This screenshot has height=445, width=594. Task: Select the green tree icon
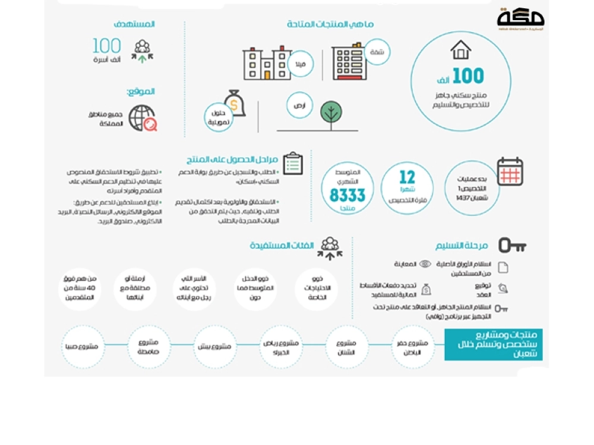pyautogui.click(x=331, y=113)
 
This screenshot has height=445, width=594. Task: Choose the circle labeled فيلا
pyautogui.click(x=300, y=64)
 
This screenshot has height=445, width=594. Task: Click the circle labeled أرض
pyautogui.click(x=300, y=105)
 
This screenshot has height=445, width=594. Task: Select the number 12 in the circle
pyautogui.click(x=407, y=177)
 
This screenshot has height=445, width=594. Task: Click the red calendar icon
pyautogui.click(x=510, y=172)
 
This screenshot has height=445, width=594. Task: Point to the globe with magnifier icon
pyautogui.click(x=143, y=118)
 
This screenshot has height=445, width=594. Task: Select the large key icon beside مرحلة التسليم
pyautogui.click(x=512, y=245)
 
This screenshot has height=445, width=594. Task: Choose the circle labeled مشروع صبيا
pyautogui.click(x=84, y=346)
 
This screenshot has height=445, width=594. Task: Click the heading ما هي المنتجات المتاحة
pyautogui.click(x=330, y=25)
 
